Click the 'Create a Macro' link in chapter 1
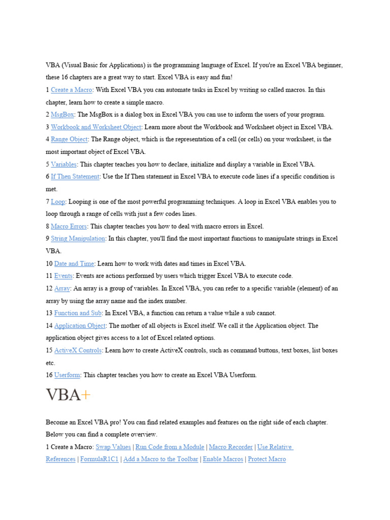72,90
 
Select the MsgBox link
62,115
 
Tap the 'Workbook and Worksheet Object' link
96,127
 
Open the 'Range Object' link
70,139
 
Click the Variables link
64,165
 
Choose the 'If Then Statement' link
75,177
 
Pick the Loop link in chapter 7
58,202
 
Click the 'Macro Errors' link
69,226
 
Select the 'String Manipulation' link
78,239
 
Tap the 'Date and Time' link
74,264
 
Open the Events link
63,276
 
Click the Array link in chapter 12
62,288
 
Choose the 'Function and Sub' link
78,313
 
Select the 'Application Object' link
80,326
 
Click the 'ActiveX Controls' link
78,350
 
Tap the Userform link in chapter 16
67,375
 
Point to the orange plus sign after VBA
86,395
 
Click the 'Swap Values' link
113,447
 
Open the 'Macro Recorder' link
231,447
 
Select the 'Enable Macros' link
223,459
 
